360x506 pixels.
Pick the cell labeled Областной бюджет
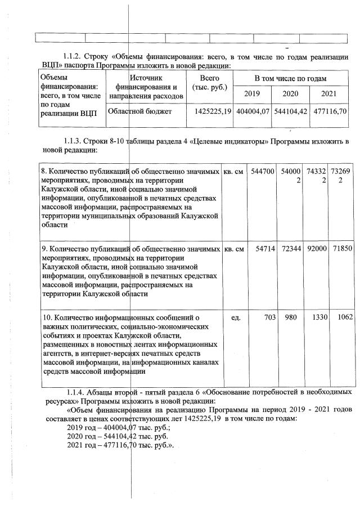click(139, 111)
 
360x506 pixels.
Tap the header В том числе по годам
click(290, 78)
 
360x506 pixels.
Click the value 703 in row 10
click(269, 317)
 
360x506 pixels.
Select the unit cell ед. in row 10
click(236, 317)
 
